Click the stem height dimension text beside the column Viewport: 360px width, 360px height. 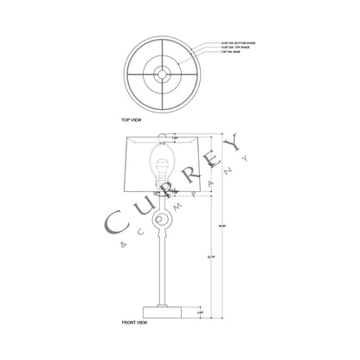(x=199, y=257)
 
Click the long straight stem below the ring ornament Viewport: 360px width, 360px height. (x=161, y=268)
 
